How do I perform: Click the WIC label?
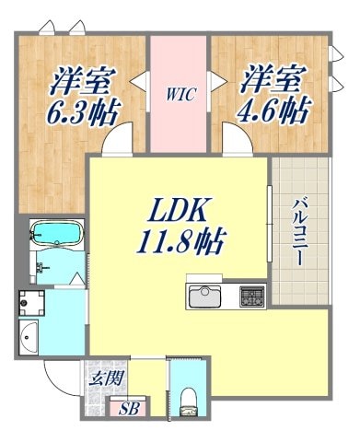[180, 93]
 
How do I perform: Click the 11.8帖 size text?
[183, 244]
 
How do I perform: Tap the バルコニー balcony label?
[300, 231]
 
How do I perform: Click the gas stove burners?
[252, 297]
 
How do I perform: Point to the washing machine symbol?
[34, 302]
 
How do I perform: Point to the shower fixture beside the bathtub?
[41, 268]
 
